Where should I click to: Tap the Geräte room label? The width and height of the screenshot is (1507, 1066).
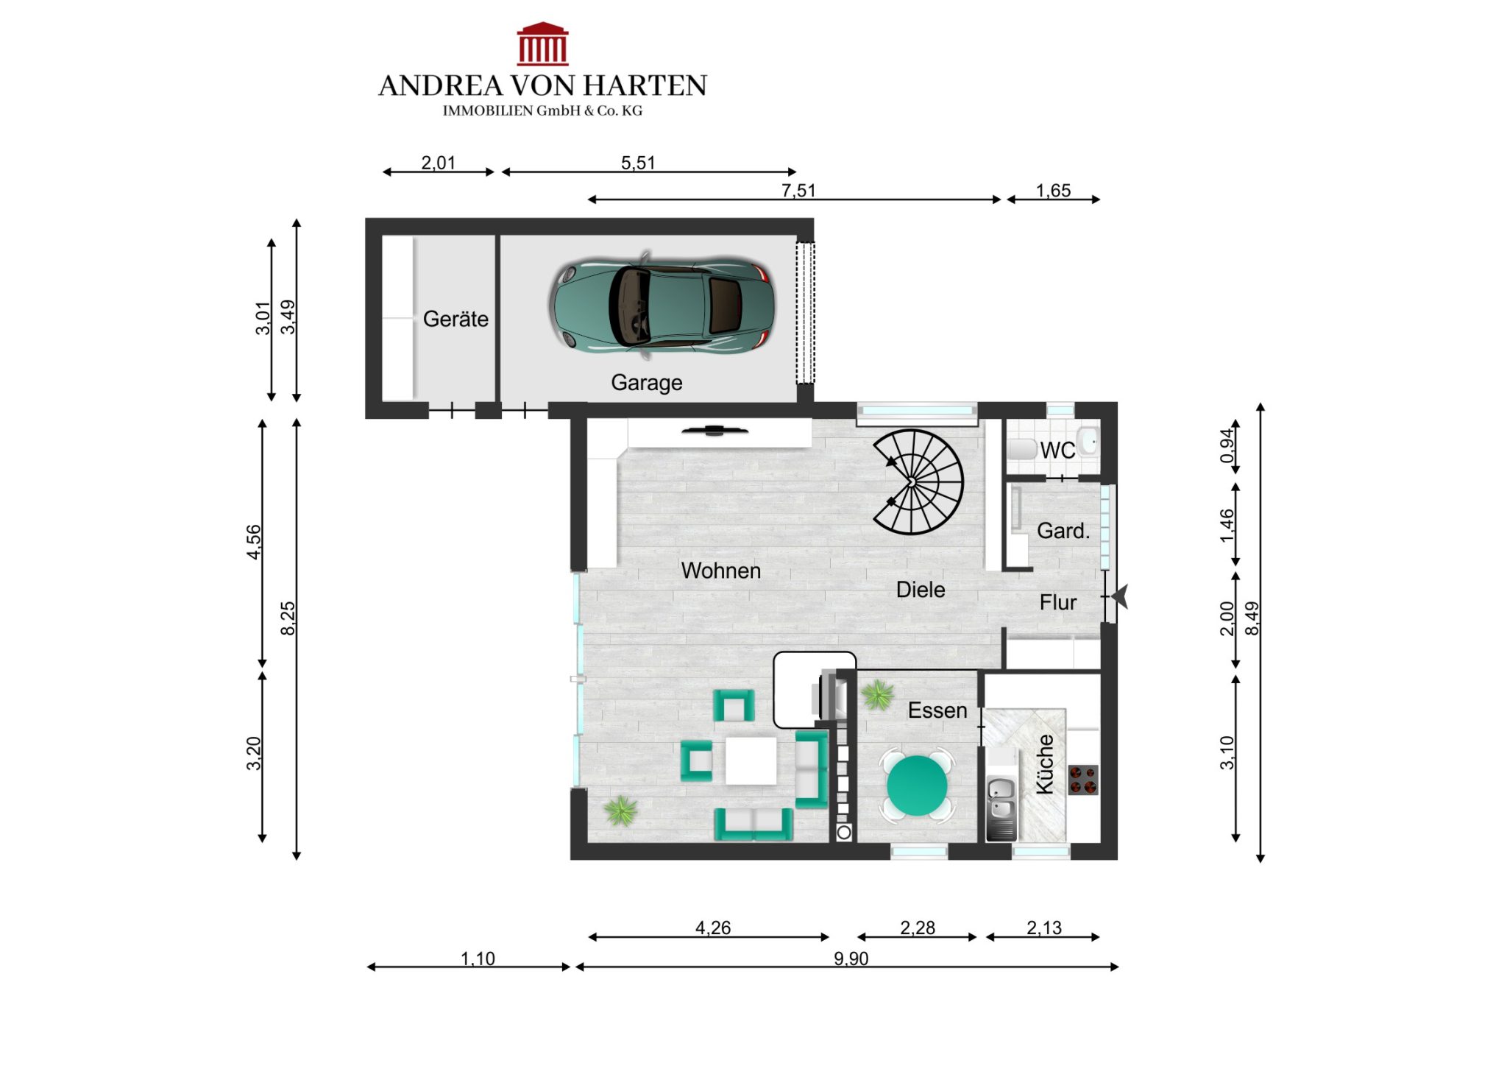coord(455,319)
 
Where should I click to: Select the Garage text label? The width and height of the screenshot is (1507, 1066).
coord(647,383)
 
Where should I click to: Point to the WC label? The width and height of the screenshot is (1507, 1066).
coord(1057,450)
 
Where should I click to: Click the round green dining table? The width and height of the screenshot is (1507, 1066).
coord(917,786)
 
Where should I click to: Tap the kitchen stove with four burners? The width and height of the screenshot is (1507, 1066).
coord(1083,780)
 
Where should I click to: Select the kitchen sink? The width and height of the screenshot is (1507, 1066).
coord(1001,799)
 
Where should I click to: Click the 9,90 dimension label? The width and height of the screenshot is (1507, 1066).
coord(851,959)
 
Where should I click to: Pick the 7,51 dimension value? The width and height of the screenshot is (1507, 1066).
coord(798,191)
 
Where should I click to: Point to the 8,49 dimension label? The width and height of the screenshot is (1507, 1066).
coord(1252,618)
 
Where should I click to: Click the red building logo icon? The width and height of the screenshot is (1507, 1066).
coord(542,43)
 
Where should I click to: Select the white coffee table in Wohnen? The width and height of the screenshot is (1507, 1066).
coord(751,760)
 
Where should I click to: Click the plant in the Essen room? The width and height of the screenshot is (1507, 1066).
coord(877,694)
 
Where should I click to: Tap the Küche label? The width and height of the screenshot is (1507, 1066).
coord(1045,764)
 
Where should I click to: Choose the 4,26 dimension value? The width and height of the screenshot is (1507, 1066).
coord(713,928)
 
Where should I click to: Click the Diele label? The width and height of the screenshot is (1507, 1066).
coord(921,590)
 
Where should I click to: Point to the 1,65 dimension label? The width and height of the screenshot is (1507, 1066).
coord(1053,191)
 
